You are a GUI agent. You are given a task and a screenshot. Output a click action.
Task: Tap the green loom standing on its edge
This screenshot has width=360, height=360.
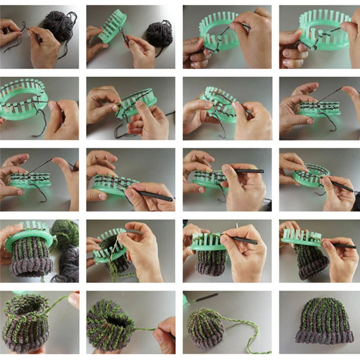(x=112, y=27)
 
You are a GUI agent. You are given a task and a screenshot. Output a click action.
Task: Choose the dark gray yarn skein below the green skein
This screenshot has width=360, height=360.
(x=67, y=263)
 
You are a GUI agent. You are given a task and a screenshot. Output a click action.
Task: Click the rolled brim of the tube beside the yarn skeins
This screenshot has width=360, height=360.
(x=31, y=267)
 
